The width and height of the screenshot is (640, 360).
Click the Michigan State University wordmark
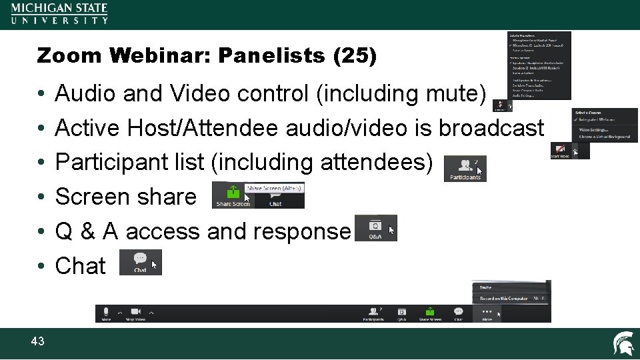pos(59,13)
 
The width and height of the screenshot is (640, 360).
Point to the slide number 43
pos(37,341)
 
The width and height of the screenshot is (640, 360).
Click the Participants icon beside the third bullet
pos(465,169)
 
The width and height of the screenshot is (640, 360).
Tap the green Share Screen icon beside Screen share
pos(232,194)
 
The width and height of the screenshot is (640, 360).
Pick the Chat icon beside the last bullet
pos(140,262)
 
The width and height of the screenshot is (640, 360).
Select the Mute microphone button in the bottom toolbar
pos(107,314)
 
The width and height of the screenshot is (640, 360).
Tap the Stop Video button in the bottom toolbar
pos(137,314)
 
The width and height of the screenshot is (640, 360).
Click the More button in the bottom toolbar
pos(487,314)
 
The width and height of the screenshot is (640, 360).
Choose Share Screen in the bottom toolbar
pos(430,314)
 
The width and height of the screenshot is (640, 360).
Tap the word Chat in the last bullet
pos(80,266)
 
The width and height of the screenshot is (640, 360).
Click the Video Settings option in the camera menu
pos(593,129)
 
